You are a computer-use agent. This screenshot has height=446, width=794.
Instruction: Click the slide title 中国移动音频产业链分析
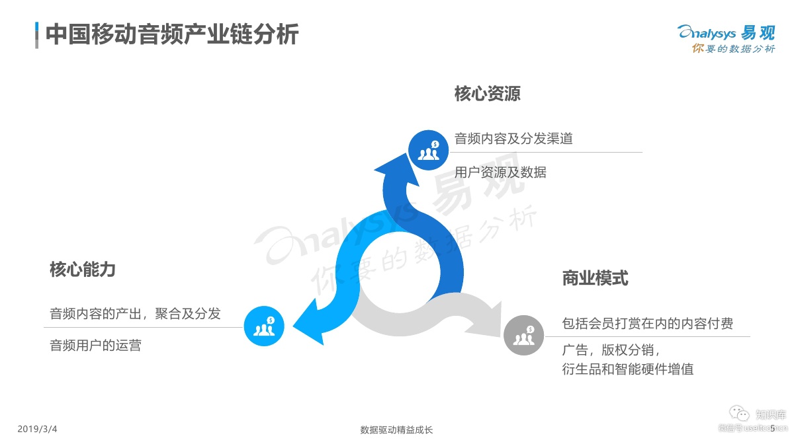(172, 34)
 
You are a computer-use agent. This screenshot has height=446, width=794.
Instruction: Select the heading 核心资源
(487, 94)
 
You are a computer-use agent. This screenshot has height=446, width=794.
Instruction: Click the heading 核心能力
(83, 269)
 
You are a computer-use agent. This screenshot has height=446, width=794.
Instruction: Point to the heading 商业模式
(595, 278)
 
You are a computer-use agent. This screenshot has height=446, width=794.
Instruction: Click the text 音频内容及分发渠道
(513, 139)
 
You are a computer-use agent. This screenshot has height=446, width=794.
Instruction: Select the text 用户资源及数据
(500, 172)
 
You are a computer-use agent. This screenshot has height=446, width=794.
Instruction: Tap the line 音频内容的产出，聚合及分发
(136, 313)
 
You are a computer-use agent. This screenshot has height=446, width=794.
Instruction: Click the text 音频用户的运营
(96, 345)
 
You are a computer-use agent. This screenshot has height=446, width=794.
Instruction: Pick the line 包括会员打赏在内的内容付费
(647, 324)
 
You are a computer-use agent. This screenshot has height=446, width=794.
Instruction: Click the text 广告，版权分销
(611, 350)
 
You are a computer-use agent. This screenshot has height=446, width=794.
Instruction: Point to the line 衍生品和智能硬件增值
(627, 369)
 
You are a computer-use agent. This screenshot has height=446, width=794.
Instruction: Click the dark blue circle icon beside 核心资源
(428, 150)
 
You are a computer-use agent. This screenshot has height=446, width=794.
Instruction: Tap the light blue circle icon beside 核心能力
(264, 326)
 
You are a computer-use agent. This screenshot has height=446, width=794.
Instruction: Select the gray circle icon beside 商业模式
(523, 336)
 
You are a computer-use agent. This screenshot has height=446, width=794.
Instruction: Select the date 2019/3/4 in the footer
(37, 429)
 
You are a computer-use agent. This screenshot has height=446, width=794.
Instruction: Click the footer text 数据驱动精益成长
(396, 430)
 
